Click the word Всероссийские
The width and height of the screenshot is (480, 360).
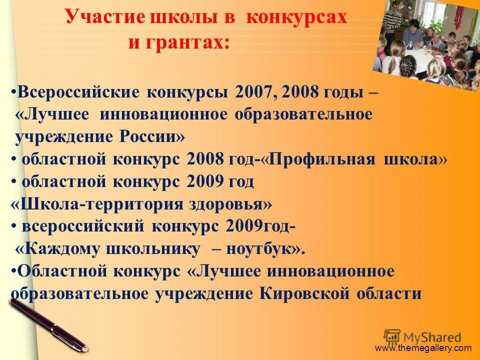[x=79, y=92]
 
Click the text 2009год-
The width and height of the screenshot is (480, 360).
[x=260, y=226]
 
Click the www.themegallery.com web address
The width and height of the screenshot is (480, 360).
[x=423, y=348]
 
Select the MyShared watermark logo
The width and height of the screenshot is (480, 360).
[x=422, y=336]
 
